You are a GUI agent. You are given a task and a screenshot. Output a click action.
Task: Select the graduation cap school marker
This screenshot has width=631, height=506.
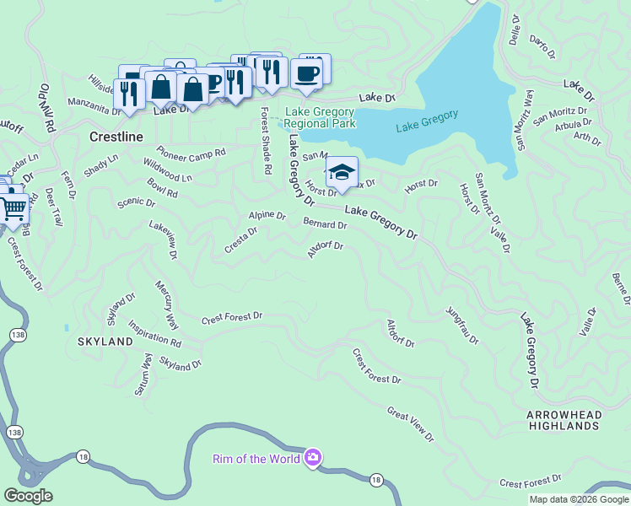(342, 173)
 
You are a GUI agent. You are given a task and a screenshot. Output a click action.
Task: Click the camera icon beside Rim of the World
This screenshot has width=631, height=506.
(313, 458)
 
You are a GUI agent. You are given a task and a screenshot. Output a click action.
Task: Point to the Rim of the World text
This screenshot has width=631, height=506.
(256, 459)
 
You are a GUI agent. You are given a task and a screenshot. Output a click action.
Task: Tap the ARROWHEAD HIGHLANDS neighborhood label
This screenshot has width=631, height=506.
(563, 421)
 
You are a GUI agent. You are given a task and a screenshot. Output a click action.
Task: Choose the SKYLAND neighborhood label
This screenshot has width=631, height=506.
(105, 342)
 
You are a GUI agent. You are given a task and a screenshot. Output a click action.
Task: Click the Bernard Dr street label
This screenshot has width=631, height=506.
(325, 225)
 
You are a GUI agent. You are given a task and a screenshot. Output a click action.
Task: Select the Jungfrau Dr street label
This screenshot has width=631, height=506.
(462, 325)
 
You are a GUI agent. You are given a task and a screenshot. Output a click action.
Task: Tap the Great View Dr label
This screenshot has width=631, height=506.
(410, 425)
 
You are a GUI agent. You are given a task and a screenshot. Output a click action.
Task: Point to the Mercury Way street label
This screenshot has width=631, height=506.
(166, 305)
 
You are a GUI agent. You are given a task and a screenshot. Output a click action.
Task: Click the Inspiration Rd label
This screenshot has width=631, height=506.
(154, 334)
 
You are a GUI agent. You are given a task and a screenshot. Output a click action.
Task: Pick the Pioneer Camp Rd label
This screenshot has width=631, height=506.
(191, 153)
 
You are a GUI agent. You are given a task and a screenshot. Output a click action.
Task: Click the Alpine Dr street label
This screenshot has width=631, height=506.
(267, 216)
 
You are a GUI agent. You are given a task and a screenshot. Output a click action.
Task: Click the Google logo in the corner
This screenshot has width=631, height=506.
(28, 496)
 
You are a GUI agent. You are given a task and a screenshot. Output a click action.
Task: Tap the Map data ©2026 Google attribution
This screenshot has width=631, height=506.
(579, 499)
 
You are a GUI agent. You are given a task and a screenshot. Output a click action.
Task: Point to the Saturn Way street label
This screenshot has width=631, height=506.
(143, 374)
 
